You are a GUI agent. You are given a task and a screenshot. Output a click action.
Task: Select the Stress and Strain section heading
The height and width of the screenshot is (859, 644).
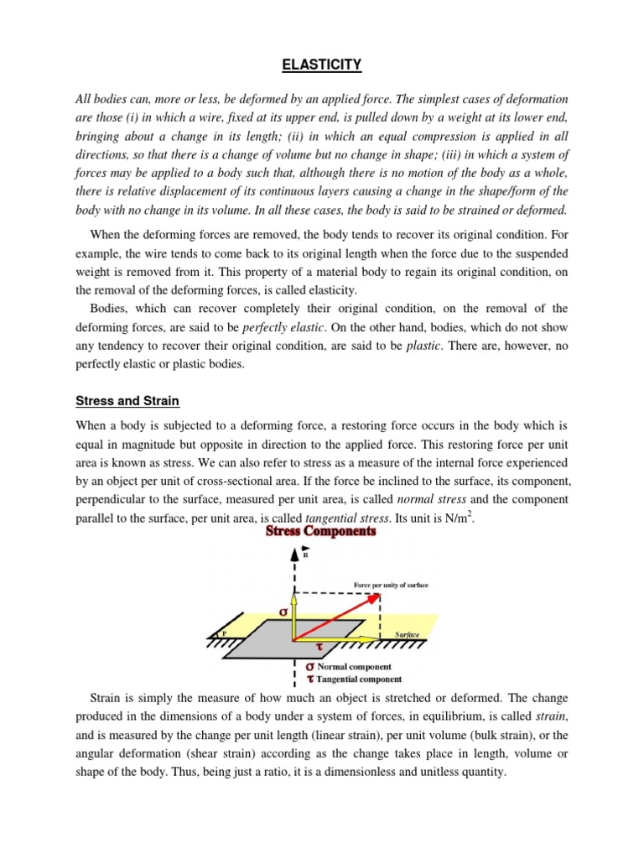point(127,401)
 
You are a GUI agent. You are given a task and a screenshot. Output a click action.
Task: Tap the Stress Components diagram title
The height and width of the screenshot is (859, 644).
point(321,531)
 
